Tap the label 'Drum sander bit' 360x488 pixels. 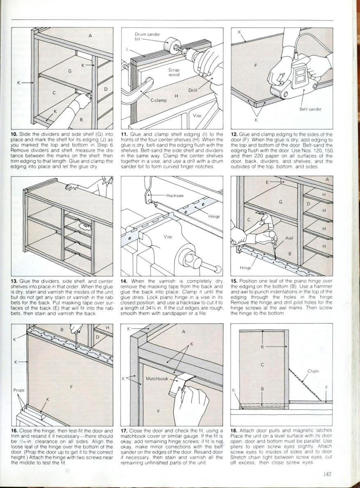coord(147,37)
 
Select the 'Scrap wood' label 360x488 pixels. coord(174,72)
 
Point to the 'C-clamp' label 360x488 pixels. coord(157,99)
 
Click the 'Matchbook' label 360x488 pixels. coord(157,378)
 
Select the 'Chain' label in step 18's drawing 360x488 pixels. coord(313,371)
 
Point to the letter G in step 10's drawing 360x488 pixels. coord(70,71)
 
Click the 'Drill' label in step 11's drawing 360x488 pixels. coord(193,90)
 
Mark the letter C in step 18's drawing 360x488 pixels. coord(262,364)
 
